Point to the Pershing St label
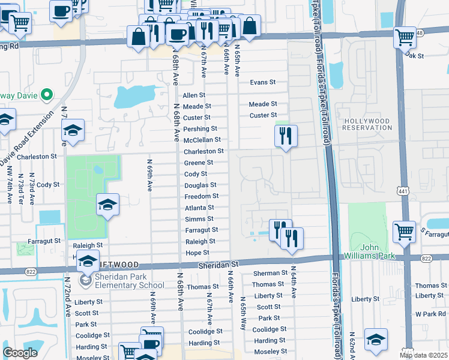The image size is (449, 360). tap(200, 129)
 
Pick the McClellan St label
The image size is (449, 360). tap(202, 140)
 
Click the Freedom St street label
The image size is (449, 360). tap(201, 196)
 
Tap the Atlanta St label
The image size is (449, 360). tap(200, 208)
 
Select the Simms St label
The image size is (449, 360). tap(199, 219)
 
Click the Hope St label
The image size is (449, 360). tap(197, 253)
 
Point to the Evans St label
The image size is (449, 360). tap(262, 82)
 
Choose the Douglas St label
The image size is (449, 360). tap(200, 185)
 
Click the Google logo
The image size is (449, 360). tap(20, 353)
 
